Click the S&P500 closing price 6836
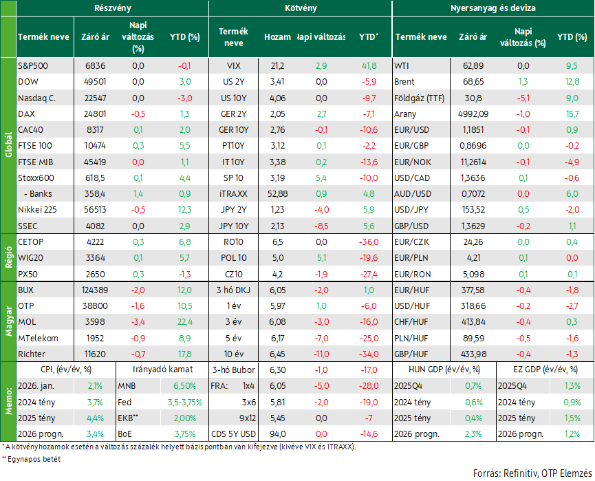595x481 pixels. point(95,65)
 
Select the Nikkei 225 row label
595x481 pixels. point(37,210)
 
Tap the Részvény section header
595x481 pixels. point(113,8)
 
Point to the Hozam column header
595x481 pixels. point(277,37)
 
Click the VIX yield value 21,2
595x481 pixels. point(277,65)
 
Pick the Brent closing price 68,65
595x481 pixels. point(473,82)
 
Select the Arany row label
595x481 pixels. point(405,114)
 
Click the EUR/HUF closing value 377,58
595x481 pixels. point(473,290)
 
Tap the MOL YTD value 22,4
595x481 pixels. point(185,322)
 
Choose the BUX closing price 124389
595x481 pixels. point(95,290)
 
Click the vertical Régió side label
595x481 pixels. point(8,257)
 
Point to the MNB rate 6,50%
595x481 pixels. point(185,386)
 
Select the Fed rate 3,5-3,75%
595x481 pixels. point(185,402)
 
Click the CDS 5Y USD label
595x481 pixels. point(233,434)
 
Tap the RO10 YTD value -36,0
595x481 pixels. point(369,242)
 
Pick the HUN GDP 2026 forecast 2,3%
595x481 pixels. point(473,434)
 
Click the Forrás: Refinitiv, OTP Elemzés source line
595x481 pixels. point(532,473)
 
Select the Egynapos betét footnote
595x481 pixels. point(31,459)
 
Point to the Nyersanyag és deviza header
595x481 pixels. point(493,8)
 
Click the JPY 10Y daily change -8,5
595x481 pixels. point(321,226)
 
